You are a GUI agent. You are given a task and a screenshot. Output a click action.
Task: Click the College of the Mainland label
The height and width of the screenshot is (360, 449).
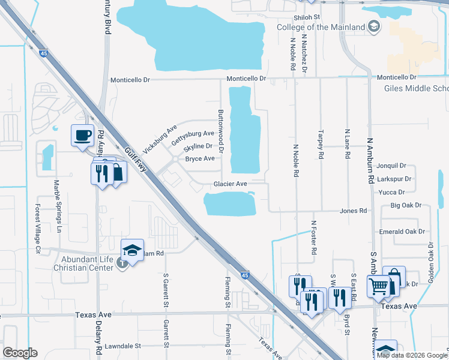321,27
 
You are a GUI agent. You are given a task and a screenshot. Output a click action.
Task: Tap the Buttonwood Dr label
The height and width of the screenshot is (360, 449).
220,131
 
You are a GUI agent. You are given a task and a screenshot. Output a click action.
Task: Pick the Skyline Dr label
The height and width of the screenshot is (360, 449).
198,146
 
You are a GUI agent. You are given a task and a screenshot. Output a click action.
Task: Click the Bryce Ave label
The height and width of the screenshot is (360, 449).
199,159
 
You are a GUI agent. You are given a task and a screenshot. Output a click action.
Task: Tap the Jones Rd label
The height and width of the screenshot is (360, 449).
353,211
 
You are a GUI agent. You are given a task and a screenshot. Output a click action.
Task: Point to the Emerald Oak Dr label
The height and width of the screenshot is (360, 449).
402,232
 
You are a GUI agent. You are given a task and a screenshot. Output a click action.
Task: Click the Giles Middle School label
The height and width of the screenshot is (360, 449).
416,89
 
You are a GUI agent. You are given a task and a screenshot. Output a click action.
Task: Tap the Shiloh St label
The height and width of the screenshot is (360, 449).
307,18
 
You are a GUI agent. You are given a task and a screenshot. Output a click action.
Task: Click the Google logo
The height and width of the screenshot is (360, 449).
20,353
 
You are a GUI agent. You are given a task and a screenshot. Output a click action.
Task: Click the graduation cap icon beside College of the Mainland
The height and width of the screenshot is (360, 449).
374,26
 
